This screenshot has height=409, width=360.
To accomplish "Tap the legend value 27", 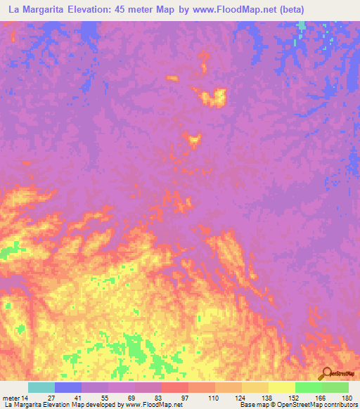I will point(51,398).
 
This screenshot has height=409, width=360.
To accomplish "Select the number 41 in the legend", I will point(78,398).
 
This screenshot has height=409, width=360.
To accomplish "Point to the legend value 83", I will point(158,398).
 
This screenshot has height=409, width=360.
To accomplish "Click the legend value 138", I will point(266,398).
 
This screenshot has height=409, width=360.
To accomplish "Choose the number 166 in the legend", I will point(321,398).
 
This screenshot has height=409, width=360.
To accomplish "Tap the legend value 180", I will point(347,398).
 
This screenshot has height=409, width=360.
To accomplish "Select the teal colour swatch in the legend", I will point(41,387).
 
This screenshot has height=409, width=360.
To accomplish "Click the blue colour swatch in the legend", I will point(68,387).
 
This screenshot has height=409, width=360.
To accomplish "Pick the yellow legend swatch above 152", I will point(281,387).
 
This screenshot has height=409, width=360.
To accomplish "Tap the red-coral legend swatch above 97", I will point(174,387).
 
